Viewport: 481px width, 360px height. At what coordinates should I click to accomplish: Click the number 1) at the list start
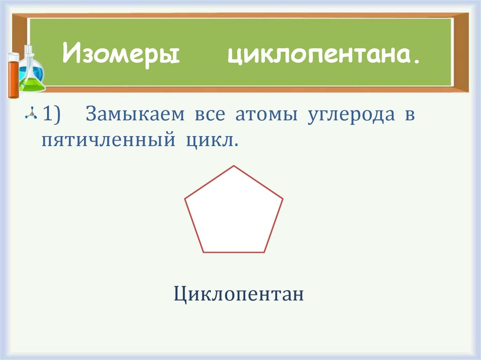pyautogui.click(x=52, y=115)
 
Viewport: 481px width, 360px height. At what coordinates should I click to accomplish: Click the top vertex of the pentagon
pyautogui.click(x=234, y=166)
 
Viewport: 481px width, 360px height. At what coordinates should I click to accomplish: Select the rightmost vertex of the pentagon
pyautogui.click(x=283, y=199)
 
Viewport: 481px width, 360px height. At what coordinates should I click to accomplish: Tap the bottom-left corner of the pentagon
pyautogui.click(x=204, y=253)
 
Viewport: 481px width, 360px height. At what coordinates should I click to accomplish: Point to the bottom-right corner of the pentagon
pyautogui.click(x=264, y=253)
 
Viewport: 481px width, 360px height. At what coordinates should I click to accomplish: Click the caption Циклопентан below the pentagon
pyautogui.click(x=239, y=295)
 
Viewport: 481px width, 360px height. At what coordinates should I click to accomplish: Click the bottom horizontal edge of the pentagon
pyautogui.click(x=234, y=253)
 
